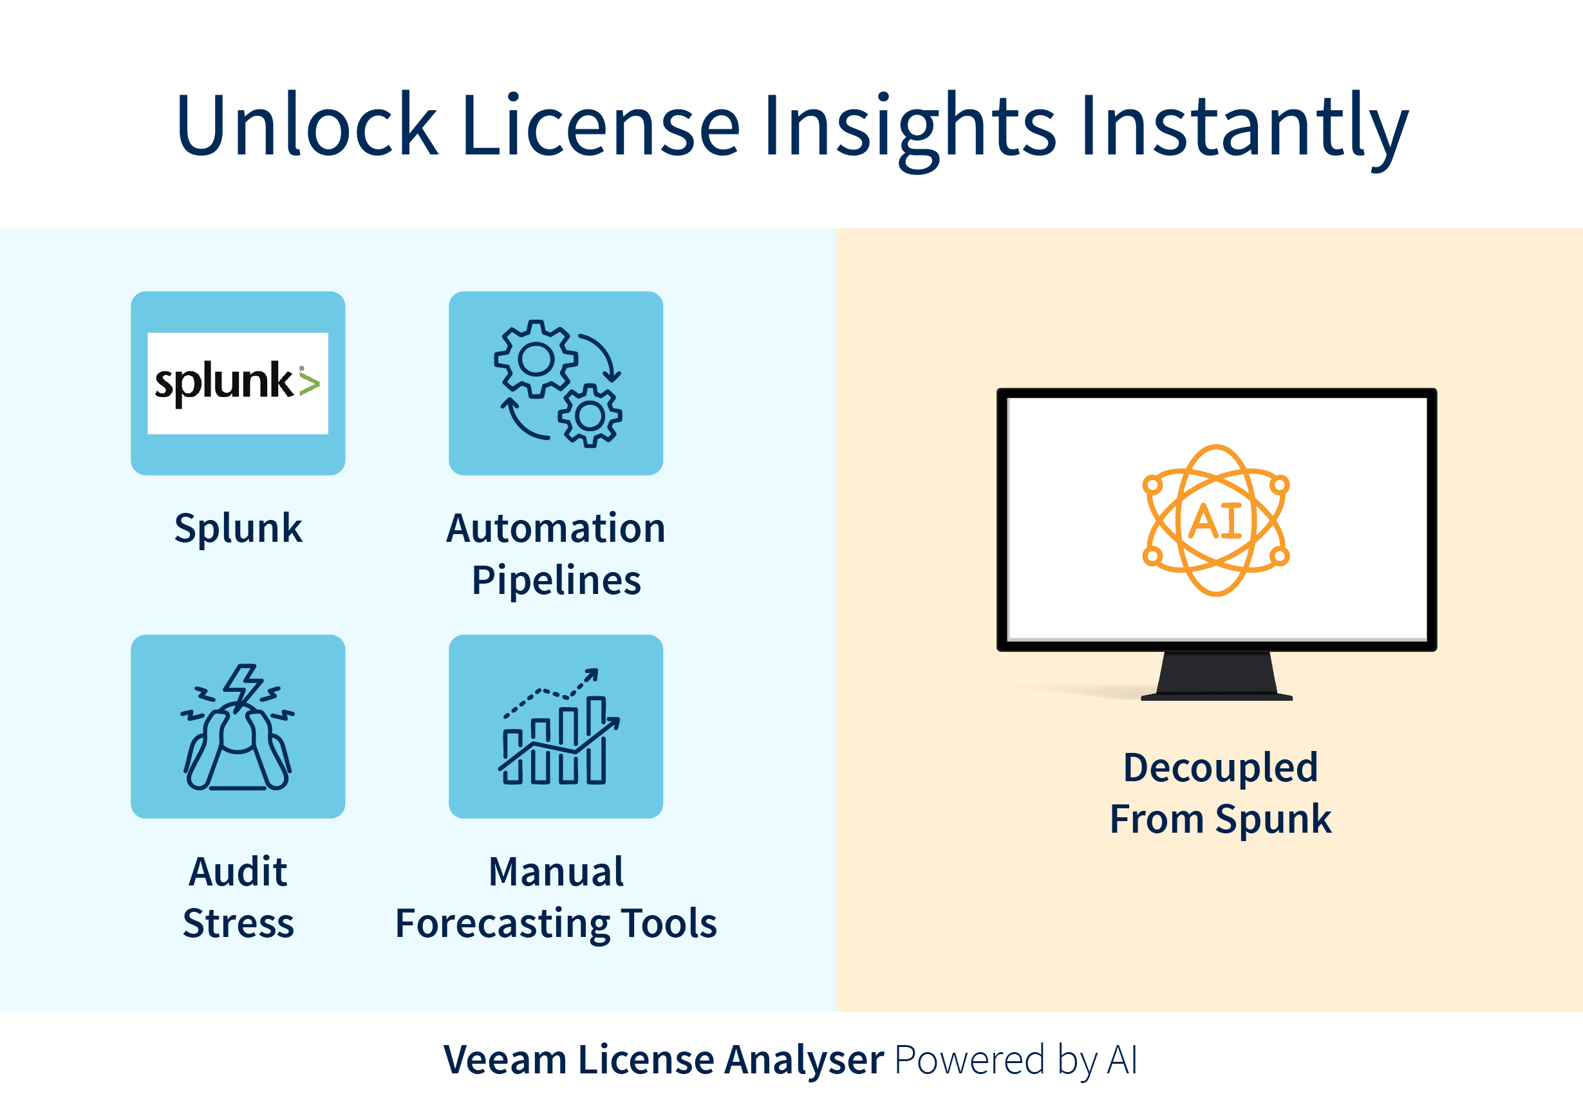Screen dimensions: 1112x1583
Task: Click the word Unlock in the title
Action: pos(307,125)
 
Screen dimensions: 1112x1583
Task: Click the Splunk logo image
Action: pos(238,384)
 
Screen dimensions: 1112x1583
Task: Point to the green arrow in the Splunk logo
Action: pos(310,384)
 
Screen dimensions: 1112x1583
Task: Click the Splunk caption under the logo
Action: pos(238,529)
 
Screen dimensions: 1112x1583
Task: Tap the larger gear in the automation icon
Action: pos(536,358)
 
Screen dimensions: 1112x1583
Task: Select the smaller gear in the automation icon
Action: pos(590,416)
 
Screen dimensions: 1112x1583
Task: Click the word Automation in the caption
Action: pos(556,529)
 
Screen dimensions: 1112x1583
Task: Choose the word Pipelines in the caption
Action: pos(556,580)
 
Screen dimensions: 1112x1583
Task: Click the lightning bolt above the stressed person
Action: pos(243,685)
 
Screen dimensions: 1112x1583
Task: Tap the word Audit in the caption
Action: pos(238,872)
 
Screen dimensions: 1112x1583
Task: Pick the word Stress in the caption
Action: pos(238,924)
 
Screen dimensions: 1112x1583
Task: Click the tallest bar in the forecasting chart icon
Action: pos(596,741)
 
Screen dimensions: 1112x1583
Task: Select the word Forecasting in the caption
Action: pos(503,924)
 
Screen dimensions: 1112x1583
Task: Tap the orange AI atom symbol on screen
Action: pos(1215,521)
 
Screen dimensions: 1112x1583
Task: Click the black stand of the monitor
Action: pos(1217,676)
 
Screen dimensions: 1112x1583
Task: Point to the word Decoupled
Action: pos(1221,767)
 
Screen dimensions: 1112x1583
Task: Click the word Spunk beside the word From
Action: pos(1273,820)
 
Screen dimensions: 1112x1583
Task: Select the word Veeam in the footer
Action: pos(505,1060)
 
